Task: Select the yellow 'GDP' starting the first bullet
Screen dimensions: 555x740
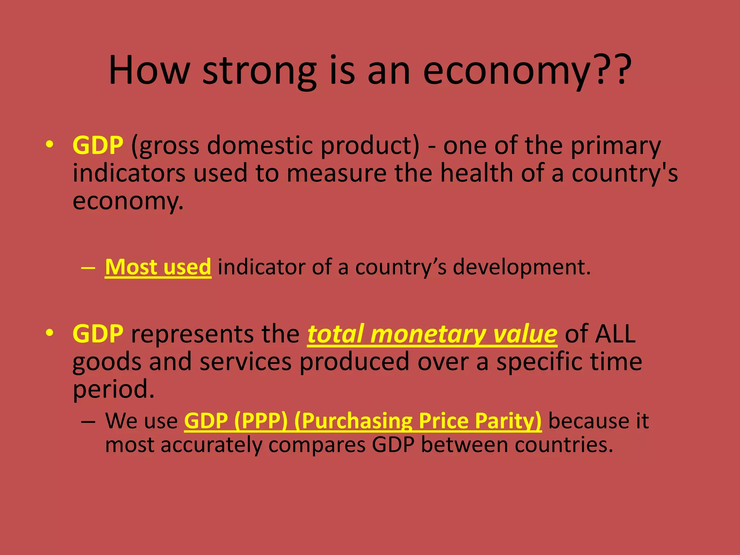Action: (x=98, y=145)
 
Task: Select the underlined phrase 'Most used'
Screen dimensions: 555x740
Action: (x=158, y=267)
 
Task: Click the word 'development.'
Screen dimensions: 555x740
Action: (x=522, y=268)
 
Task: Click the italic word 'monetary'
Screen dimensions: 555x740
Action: (x=428, y=334)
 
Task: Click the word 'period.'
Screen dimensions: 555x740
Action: (x=113, y=390)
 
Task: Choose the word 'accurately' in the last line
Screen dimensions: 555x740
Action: (x=211, y=445)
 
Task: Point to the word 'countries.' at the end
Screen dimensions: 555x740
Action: (x=564, y=445)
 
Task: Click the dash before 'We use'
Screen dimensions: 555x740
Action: (x=88, y=421)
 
